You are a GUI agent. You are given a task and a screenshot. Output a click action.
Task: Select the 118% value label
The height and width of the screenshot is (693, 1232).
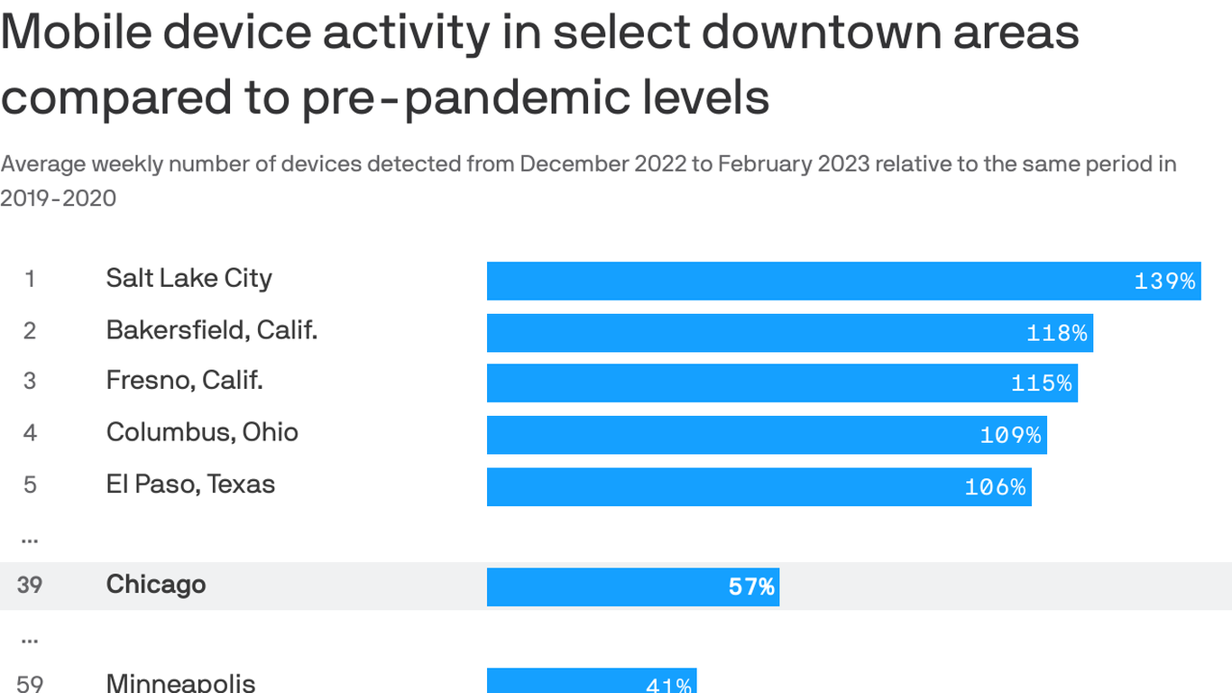[1056, 333]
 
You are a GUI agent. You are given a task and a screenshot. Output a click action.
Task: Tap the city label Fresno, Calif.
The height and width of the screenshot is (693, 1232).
[184, 381]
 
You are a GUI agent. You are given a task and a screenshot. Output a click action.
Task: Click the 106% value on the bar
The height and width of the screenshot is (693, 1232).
[995, 487]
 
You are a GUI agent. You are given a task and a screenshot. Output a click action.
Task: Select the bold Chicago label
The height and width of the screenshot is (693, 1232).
[156, 585]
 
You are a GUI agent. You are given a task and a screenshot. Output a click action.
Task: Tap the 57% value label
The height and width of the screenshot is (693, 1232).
[751, 587]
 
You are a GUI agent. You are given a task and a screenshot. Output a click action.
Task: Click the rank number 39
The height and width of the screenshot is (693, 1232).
[30, 586]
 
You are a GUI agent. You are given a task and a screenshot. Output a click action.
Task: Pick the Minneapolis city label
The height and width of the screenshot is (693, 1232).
[180, 682]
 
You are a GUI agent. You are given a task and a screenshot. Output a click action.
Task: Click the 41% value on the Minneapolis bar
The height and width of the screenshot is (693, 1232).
[668, 685]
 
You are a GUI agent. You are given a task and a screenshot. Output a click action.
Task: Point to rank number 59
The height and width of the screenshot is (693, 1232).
[30, 683]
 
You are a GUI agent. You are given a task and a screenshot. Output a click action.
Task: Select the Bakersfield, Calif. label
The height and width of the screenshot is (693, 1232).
[212, 330]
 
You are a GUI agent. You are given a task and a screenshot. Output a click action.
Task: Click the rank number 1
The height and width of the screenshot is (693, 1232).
[30, 280]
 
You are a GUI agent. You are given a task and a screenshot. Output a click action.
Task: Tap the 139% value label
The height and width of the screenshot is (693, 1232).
[1164, 282]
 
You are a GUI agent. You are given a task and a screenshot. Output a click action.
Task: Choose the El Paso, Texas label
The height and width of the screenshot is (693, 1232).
[190, 485]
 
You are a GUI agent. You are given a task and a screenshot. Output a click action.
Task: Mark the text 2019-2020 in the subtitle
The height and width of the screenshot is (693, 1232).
[58, 199]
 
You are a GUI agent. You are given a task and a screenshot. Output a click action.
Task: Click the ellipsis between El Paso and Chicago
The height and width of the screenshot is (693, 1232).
[29, 538]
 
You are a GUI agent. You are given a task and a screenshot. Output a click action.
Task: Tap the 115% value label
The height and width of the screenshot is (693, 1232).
[1041, 383]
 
